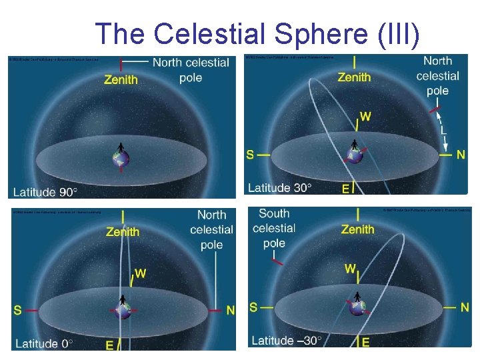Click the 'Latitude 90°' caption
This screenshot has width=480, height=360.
tap(46, 192)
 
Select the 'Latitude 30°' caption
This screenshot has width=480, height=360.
tap(280, 188)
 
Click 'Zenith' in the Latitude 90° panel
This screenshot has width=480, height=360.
tap(121, 79)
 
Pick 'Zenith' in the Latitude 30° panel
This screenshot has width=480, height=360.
tap(354, 77)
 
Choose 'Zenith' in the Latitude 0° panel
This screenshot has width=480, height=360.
tap(123, 232)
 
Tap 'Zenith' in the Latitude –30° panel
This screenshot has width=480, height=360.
tap(358, 229)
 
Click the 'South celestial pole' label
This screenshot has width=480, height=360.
tap(274, 228)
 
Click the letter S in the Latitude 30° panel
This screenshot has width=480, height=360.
tap(250, 155)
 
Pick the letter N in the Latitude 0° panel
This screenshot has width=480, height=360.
tap(231, 310)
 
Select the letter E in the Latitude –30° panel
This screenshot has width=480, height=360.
tap(365, 342)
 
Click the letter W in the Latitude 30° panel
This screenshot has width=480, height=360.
tap(365, 117)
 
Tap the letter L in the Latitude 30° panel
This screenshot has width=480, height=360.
tap(443, 131)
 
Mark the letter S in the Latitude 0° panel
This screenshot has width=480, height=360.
tap(17, 310)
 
